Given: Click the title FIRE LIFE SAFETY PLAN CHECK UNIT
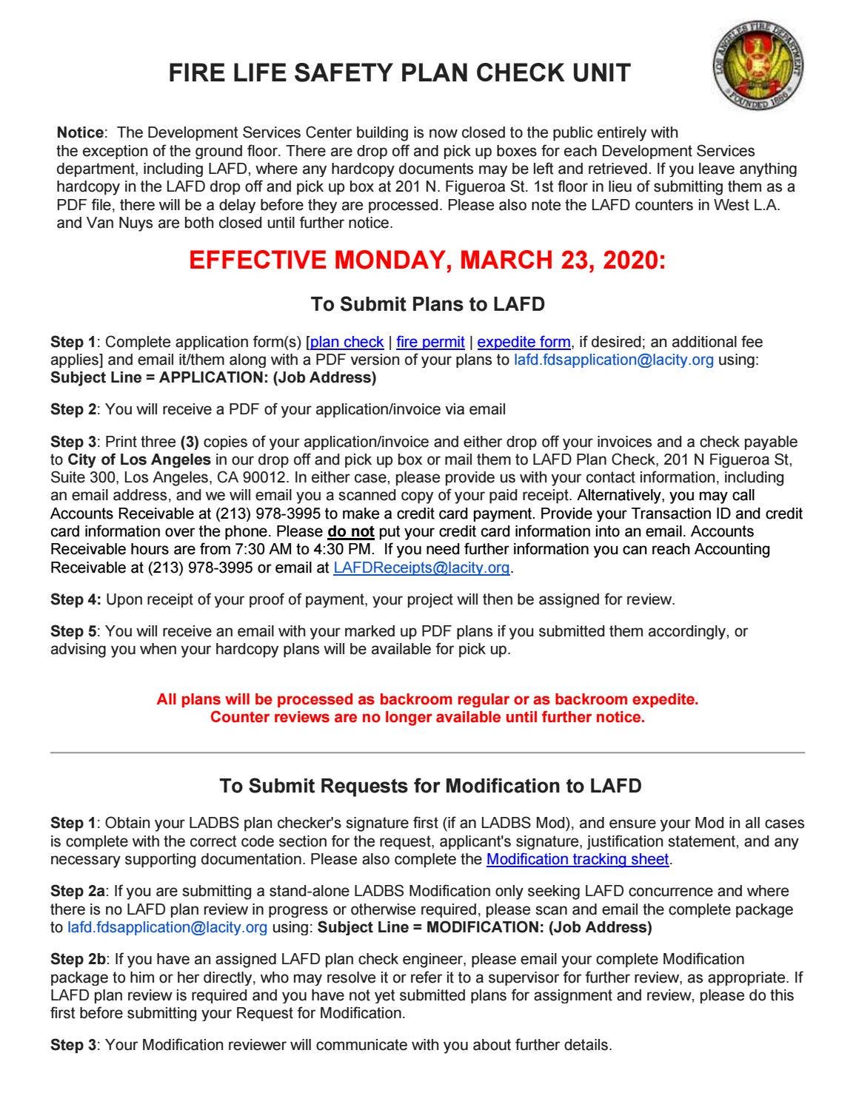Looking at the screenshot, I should (x=399, y=73).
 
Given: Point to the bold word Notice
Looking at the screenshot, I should (x=80, y=133).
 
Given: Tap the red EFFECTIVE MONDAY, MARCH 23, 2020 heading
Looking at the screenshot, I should (x=427, y=260).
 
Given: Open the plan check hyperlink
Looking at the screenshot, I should (x=347, y=342).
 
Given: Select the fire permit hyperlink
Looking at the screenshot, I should (x=430, y=342).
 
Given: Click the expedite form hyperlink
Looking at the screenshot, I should (x=524, y=342).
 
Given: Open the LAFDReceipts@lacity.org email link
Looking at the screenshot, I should (x=421, y=568).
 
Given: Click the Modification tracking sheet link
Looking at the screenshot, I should (x=578, y=859).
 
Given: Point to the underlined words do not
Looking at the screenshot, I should (x=350, y=531).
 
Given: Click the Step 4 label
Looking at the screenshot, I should (x=76, y=599).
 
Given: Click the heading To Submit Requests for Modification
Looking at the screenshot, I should (x=430, y=786).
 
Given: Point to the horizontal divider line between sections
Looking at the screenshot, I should (x=427, y=753).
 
